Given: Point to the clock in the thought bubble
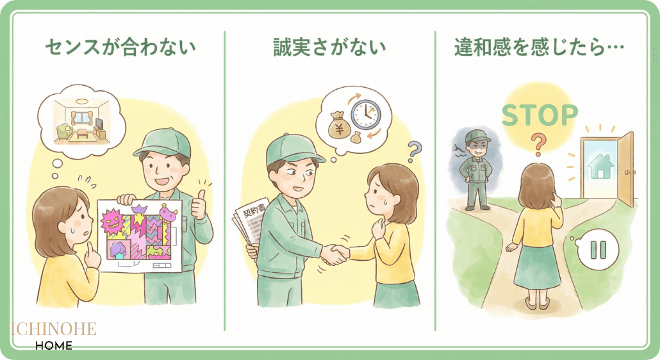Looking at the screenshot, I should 365,113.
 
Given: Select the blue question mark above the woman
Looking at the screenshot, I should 415,152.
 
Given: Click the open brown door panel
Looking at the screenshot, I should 626,168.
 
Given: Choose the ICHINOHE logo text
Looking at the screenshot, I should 53,329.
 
